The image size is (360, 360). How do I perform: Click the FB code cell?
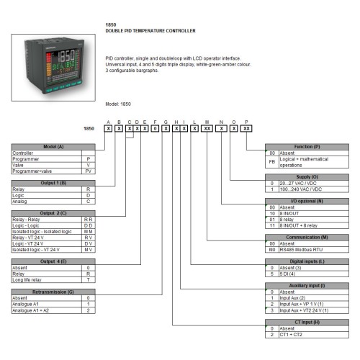point(272,163)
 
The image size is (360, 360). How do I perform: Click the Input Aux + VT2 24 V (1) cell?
point(307,310)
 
